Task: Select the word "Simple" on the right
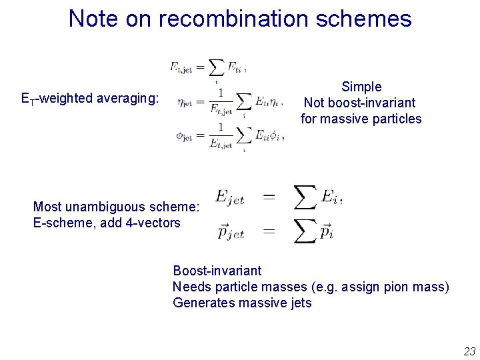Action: click(x=361, y=87)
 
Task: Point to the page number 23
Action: click(x=469, y=351)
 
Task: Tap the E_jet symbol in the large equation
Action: click(x=230, y=197)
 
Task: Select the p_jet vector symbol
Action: click(x=231, y=232)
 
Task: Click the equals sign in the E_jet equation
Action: click(x=268, y=197)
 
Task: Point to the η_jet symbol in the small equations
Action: click(x=185, y=103)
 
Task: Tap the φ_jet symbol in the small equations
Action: click(x=185, y=135)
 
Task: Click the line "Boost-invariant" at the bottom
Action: click(x=217, y=271)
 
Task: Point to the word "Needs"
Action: click(x=189, y=287)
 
